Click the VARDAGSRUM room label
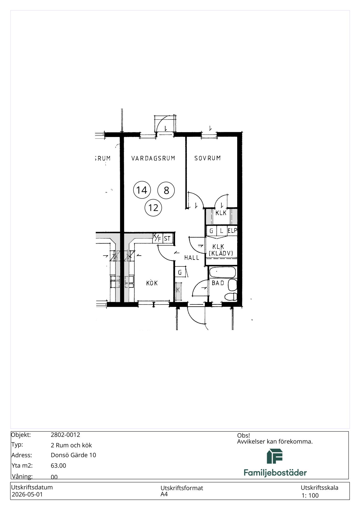click(153, 158)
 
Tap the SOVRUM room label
click(207, 158)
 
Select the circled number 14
click(142, 190)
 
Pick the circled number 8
click(166, 190)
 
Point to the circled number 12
click(153, 208)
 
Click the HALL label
click(192, 258)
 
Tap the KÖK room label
click(152, 283)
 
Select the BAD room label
click(218, 283)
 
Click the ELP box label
click(232, 231)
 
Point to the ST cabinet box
click(167, 239)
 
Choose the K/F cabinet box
click(157, 238)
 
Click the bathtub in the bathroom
click(222, 273)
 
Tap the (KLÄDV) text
click(221, 253)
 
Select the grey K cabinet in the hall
click(178, 291)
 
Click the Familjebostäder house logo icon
click(275, 456)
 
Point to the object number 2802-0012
click(65, 435)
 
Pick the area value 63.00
click(58, 466)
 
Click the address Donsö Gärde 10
click(73, 455)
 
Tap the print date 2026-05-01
click(27, 494)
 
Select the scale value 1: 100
click(310, 495)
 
